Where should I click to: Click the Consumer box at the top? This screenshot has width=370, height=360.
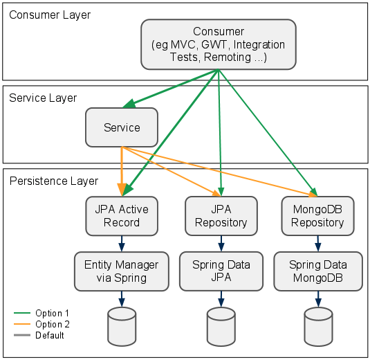219,44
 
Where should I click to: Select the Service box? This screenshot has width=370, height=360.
122,127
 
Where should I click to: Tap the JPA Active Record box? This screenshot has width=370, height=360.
122,215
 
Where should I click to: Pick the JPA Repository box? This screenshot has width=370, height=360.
221,215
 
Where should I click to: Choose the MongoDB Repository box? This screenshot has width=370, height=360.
317,215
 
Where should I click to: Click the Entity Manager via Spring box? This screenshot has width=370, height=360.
122,271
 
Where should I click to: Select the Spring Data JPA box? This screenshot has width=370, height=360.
221,271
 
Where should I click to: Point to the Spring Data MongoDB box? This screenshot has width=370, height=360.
317,271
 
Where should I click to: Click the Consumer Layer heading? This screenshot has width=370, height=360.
50,15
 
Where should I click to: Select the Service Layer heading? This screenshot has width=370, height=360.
43,98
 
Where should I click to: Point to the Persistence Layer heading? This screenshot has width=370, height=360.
54,181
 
